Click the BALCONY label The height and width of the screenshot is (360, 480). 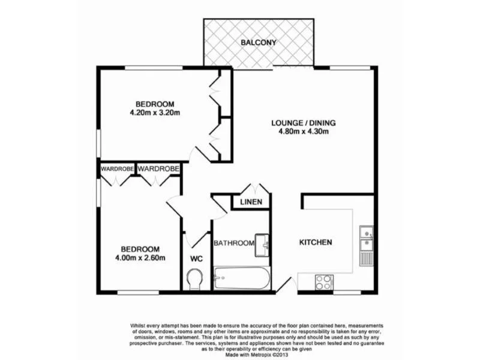(x=259, y=43)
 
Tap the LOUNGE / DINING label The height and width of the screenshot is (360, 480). (x=304, y=123)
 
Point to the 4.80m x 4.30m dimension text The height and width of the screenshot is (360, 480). (x=304, y=132)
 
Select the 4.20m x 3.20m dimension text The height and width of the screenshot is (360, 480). (x=155, y=113)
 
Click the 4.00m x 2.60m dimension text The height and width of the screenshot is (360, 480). (x=140, y=258)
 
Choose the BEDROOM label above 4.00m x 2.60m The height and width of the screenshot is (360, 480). (x=140, y=249)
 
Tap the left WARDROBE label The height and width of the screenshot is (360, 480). (x=117, y=169)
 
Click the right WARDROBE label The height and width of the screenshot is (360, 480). (x=158, y=169)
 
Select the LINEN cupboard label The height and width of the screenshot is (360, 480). (x=251, y=202)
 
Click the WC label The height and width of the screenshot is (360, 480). (x=196, y=259)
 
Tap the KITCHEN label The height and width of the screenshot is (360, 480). (x=316, y=242)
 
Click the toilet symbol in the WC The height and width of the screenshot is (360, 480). (x=195, y=279)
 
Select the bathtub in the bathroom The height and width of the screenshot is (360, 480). (x=242, y=278)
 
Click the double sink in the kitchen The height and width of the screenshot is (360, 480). (x=366, y=238)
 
